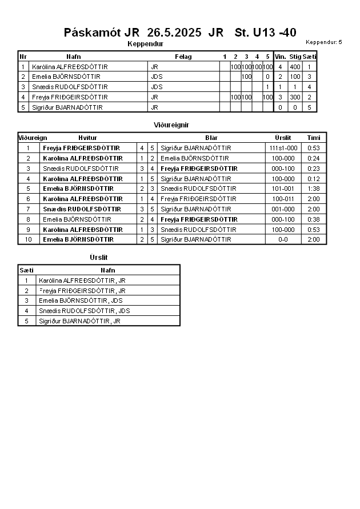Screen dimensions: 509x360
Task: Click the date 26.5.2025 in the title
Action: click(174, 33)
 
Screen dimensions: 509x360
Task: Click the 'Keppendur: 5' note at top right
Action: click(323, 42)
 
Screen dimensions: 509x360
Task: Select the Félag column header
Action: click(183, 57)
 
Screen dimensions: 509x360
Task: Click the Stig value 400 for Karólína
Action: click(295, 67)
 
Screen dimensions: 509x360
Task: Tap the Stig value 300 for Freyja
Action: click(295, 97)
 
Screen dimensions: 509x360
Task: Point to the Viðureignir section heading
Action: click(171, 125)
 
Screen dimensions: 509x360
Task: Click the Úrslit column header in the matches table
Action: click(283, 138)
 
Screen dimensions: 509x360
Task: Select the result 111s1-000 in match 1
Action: click(283, 148)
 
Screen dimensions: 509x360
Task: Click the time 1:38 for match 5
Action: click(314, 189)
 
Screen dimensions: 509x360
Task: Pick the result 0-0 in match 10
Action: click(283, 239)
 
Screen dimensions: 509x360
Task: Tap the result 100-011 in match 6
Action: click(283, 199)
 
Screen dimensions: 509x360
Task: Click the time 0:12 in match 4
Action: click(314, 179)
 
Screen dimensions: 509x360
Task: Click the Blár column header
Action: click(211, 138)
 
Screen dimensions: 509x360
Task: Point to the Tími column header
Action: click(314, 138)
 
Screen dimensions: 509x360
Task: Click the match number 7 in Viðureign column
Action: click(28, 209)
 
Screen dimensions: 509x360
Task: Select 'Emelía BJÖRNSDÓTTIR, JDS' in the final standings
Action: click(81, 300)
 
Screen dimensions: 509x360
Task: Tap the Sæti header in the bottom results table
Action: click(26, 270)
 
